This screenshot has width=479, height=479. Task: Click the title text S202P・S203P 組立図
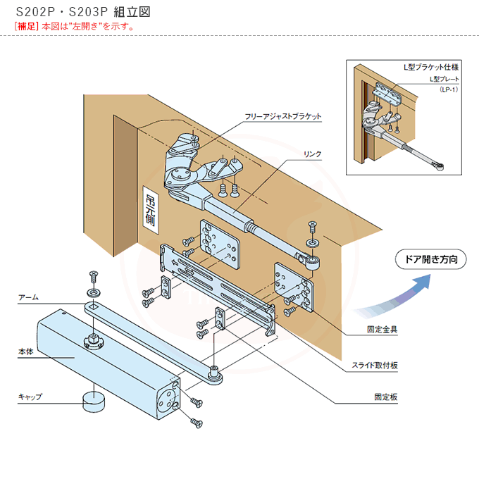(82, 13)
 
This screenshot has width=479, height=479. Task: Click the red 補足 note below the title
(74, 26)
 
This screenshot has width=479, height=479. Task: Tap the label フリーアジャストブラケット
(282, 115)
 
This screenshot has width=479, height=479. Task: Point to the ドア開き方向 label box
(430, 259)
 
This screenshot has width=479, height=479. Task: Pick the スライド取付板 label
(375, 365)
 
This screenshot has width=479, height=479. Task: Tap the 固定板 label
(386, 397)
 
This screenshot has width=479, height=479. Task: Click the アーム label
(28, 298)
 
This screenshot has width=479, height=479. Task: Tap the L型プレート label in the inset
(444, 80)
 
